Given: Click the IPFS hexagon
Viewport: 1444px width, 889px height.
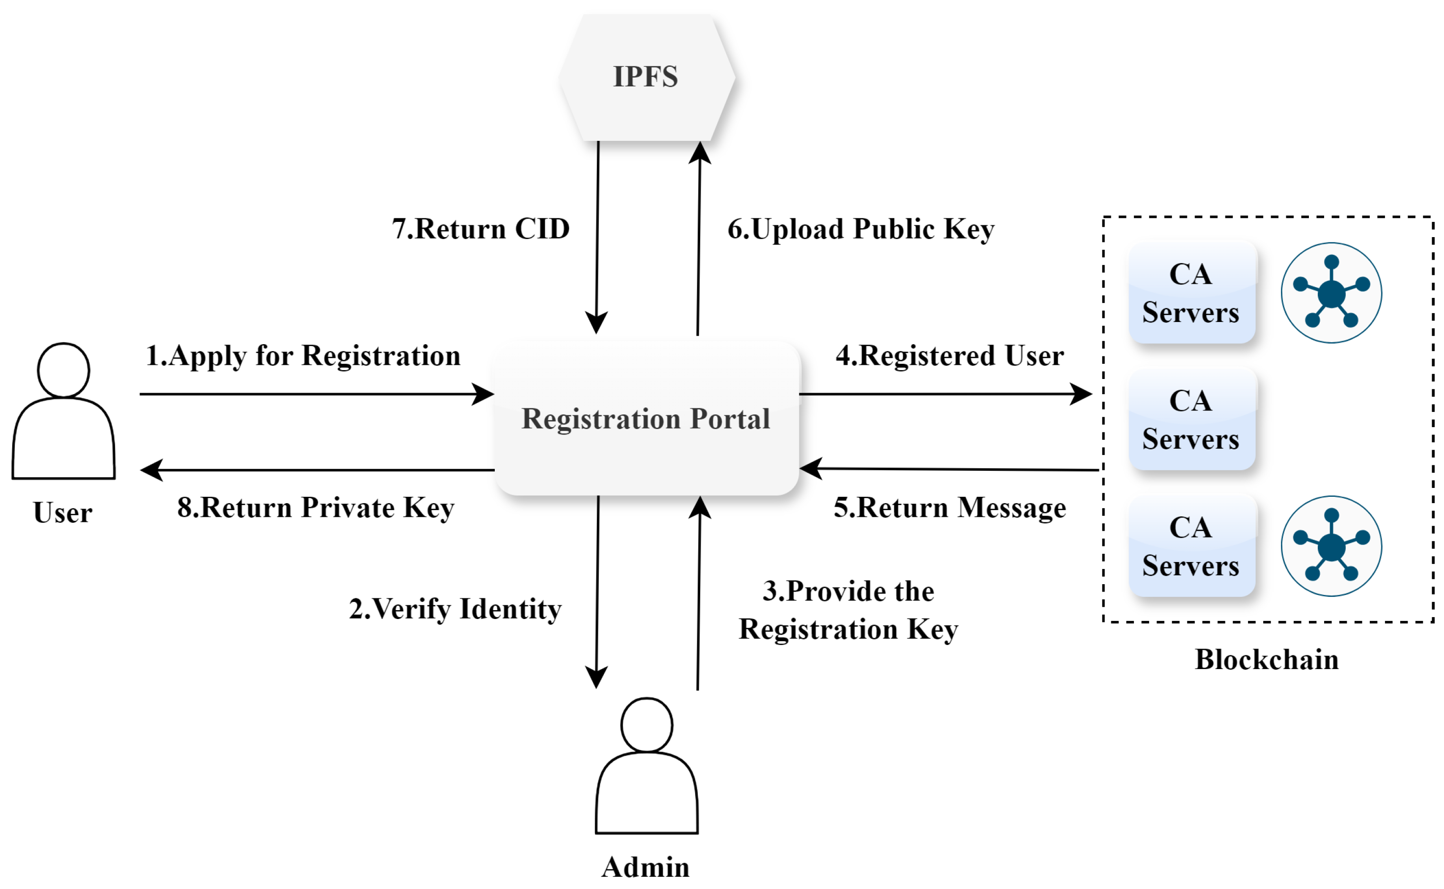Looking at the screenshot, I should (646, 77).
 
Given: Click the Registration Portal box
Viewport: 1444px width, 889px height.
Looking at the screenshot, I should (646, 419).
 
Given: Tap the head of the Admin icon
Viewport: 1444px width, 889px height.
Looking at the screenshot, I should (646, 725).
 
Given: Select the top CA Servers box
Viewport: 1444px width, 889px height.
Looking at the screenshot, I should (1191, 293).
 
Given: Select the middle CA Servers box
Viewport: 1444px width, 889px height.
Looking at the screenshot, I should (1191, 420).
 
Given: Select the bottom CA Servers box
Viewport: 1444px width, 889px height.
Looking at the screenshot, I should (1191, 546).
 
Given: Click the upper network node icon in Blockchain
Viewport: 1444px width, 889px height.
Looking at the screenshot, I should (1331, 293).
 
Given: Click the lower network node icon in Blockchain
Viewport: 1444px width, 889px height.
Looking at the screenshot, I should (1331, 546).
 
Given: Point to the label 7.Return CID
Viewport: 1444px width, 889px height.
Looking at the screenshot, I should (481, 229).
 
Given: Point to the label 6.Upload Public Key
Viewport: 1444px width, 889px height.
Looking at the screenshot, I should (860, 229).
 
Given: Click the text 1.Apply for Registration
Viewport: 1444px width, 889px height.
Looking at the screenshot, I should (303, 356).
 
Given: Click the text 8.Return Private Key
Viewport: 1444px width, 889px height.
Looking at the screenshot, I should (315, 508).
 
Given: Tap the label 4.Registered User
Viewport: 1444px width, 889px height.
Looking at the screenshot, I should (949, 356).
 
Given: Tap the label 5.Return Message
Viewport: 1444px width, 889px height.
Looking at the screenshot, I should (949, 508).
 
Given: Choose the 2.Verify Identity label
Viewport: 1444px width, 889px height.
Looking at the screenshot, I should (455, 609).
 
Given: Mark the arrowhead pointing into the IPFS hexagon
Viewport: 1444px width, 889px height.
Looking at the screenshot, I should (700, 152).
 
